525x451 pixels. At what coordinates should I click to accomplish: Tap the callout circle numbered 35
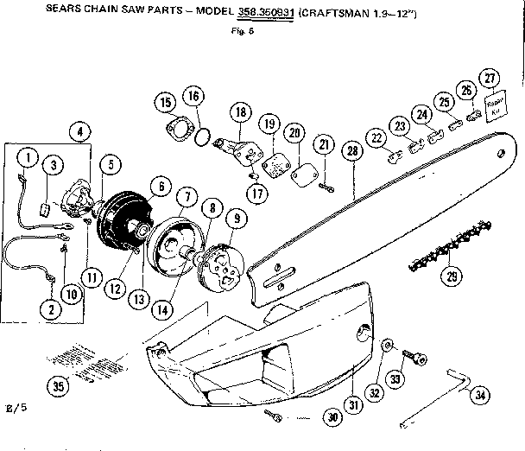(x=59, y=386)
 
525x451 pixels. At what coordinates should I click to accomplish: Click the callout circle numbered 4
(x=81, y=131)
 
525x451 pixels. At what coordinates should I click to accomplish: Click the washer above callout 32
(x=385, y=346)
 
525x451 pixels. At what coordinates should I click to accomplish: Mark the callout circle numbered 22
(x=376, y=138)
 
